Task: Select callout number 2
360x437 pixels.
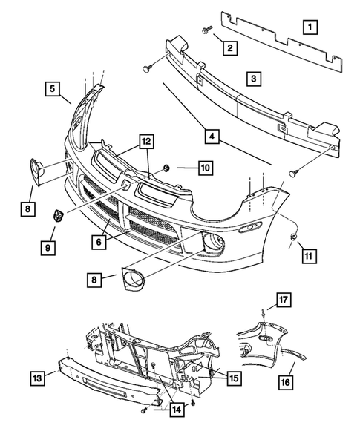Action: (x=231, y=49)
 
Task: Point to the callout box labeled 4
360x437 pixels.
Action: (x=212, y=137)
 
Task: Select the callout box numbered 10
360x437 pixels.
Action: (x=205, y=168)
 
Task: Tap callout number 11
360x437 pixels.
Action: (x=310, y=257)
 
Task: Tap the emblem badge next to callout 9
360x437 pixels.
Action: (x=55, y=216)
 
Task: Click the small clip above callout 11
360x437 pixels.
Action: (x=294, y=237)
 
